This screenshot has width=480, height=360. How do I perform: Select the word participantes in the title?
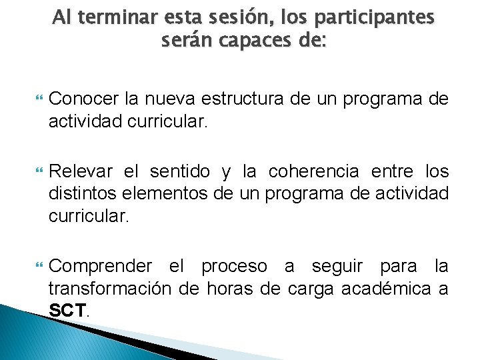tap(371, 17)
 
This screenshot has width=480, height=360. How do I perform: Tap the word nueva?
tap(175, 99)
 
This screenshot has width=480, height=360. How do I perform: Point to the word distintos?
tap(78, 195)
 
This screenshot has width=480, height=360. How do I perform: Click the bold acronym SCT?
tap(68, 310)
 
